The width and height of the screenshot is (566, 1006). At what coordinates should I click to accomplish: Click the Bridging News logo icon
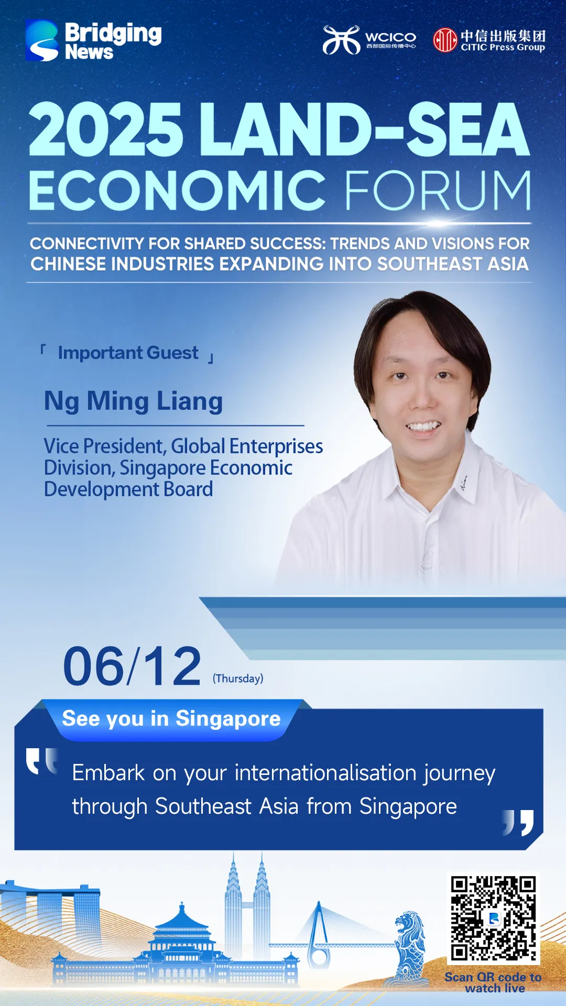[x=42, y=40]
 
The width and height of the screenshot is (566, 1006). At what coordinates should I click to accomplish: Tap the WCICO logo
[x=369, y=40]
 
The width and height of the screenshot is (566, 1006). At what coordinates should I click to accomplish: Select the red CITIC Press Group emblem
[x=445, y=40]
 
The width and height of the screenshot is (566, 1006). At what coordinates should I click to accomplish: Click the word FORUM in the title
[x=438, y=190]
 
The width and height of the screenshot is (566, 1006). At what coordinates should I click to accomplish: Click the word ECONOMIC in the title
[x=178, y=190]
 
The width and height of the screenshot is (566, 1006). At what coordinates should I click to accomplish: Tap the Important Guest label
[x=128, y=353]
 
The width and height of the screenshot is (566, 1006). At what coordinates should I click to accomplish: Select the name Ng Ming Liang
[x=134, y=401]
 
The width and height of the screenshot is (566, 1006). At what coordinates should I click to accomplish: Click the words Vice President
[x=105, y=446]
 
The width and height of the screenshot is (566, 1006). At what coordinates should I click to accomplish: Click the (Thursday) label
[x=238, y=679]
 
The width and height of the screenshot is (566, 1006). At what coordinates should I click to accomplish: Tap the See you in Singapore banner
[x=171, y=719]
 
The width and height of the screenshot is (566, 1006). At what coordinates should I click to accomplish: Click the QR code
[x=493, y=918]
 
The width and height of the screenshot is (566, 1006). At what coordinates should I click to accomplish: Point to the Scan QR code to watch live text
[x=493, y=982]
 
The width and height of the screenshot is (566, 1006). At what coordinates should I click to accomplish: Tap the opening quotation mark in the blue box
[x=41, y=761]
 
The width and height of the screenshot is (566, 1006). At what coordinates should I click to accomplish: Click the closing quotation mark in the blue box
[x=518, y=822]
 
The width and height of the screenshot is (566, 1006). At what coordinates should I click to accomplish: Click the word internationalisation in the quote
[x=325, y=773]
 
